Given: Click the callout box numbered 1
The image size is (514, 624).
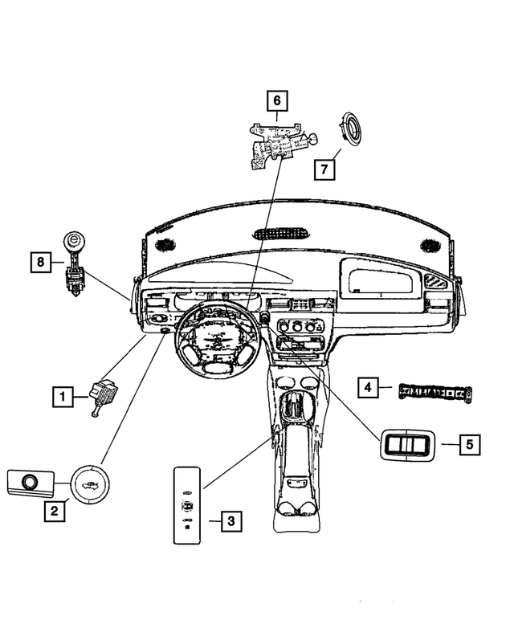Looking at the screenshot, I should click(59, 394).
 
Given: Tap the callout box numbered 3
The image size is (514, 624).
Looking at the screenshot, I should click(230, 521).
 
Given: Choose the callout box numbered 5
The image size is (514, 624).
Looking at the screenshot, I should click(471, 443).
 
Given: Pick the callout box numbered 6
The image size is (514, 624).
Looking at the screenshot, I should click(276, 100).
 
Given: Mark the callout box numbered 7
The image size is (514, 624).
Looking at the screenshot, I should click(325, 169).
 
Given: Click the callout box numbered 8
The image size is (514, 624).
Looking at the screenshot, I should click(38, 261).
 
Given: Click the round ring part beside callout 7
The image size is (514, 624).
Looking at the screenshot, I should click(351, 128).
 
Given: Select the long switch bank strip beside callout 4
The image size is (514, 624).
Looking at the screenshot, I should click(434, 393).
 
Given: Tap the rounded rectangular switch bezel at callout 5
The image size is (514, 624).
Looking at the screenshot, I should click(406, 443).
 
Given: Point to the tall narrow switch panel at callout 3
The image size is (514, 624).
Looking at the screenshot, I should click(186, 504).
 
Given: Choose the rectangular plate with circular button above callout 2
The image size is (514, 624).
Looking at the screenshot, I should click(31, 482).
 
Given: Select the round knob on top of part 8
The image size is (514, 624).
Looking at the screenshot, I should click(73, 240).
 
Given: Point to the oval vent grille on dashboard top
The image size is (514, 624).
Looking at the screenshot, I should click(281, 235).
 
